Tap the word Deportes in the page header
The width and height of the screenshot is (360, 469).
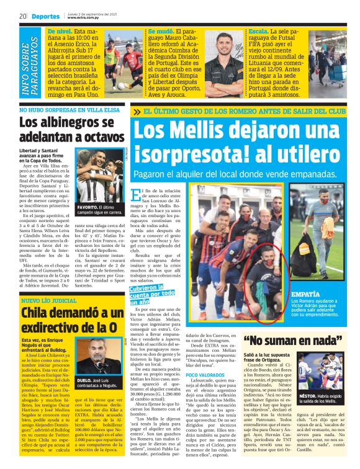45,17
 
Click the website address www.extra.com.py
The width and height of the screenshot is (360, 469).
87,19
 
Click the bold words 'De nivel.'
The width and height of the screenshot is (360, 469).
60,31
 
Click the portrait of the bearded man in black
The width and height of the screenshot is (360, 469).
223,62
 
